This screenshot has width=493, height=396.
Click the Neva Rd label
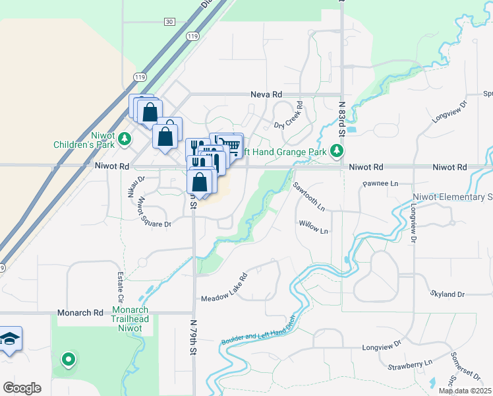(266, 95)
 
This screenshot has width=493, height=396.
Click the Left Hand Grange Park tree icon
(337, 151)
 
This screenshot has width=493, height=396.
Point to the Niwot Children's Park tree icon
(127, 139)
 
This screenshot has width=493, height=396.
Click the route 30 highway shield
(170, 22)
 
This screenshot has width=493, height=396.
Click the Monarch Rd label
(81, 312)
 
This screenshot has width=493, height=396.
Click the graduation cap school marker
(9, 339)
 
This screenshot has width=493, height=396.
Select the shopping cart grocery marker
(230, 145)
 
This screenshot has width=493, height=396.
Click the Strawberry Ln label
(409, 363)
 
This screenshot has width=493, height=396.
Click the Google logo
(22, 388)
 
